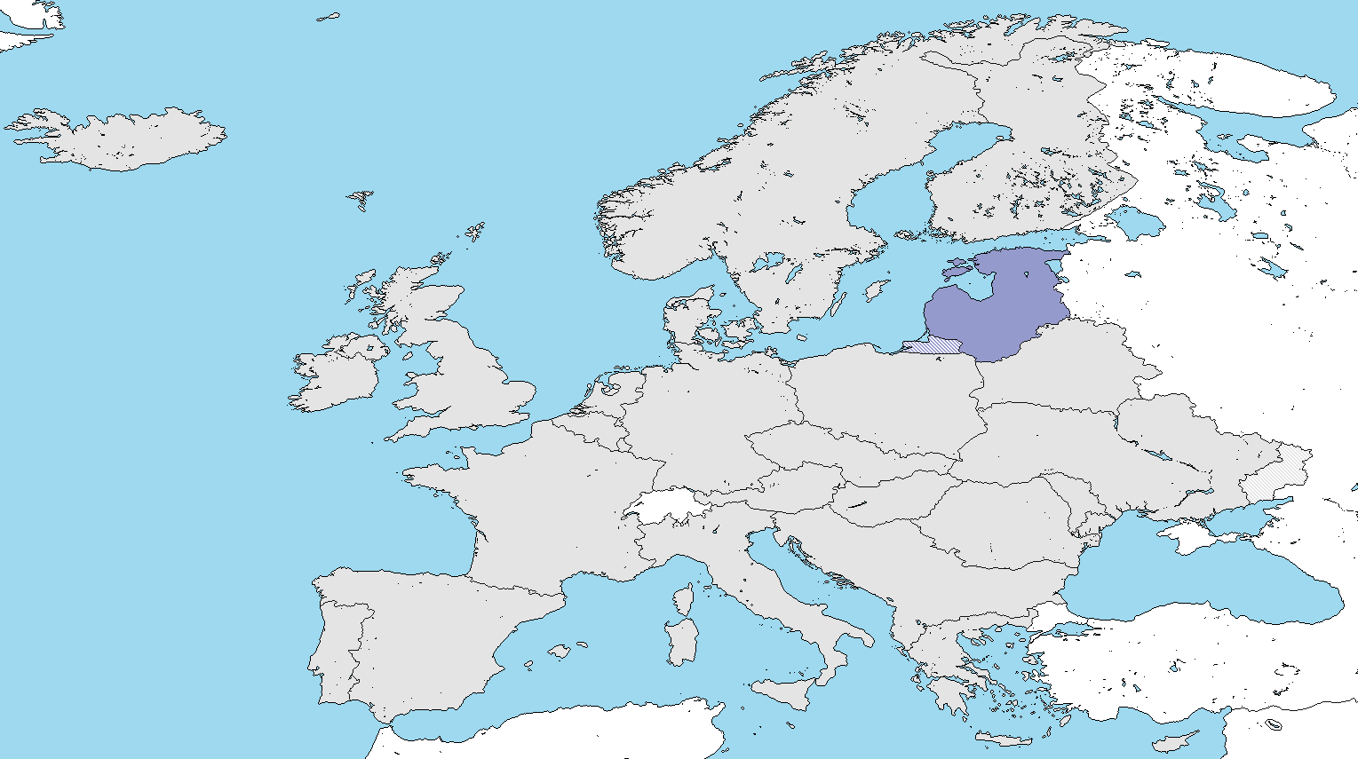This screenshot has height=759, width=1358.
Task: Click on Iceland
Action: point(124,138)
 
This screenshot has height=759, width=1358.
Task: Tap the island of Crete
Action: point(1004,739)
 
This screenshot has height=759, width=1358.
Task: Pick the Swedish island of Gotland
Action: point(878,289)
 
